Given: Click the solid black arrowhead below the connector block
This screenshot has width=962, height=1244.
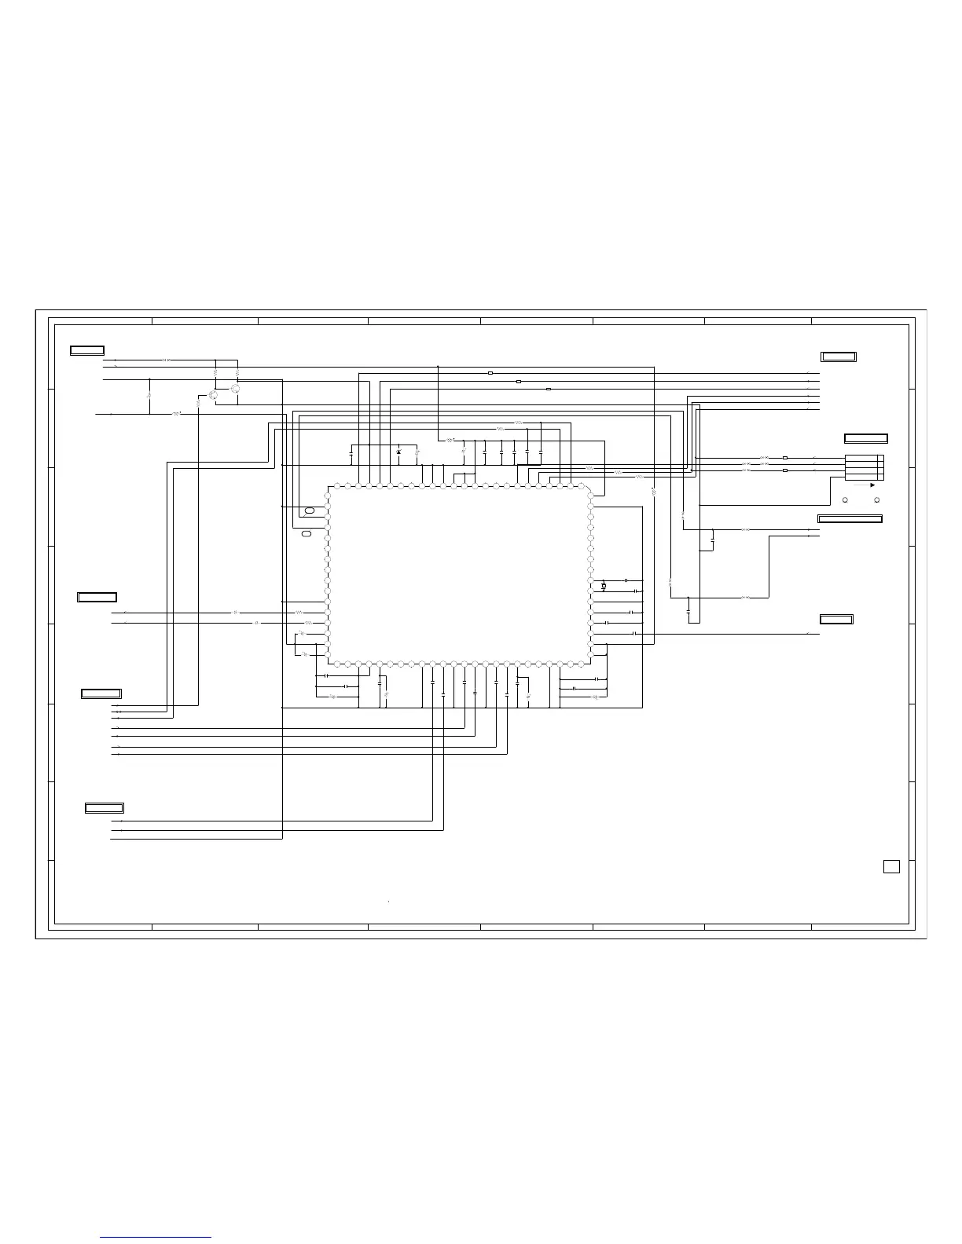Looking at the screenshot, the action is pyautogui.click(x=872, y=485).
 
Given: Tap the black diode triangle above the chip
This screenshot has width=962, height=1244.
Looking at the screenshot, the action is pyautogui.click(x=398, y=452).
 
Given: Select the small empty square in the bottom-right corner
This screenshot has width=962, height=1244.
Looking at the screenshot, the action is pyautogui.click(x=890, y=866).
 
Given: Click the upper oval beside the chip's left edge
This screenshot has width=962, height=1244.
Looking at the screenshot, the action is pyautogui.click(x=310, y=511).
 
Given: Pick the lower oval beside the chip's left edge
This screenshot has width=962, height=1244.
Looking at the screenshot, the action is pyautogui.click(x=307, y=534).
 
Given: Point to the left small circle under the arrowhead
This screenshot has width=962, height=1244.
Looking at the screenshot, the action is pyautogui.click(x=845, y=499).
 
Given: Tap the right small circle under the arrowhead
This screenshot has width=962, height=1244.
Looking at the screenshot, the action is pyautogui.click(x=876, y=499).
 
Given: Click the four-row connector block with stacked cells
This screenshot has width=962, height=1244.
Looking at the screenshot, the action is pyautogui.click(x=865, y=467).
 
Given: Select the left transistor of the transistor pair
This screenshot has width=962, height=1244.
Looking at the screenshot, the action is pyautogui.click(x=213, y=394).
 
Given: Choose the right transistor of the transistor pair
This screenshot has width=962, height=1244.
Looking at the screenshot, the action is pyautogui.click(x=235, y=389).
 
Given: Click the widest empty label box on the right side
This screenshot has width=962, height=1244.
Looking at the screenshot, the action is pyautogui.click(x=850, y=518).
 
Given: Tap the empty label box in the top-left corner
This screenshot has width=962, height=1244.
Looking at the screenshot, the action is pyautogui.click(x=86, y=350).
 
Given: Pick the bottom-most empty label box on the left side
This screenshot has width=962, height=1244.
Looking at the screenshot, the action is pyautogui.click(x=104, y=808).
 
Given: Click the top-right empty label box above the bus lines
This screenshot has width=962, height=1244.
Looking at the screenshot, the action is pyautogui.click(x=838, y=357).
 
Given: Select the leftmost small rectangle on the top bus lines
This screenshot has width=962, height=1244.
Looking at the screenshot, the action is pyautogui.click(x=490, y=373).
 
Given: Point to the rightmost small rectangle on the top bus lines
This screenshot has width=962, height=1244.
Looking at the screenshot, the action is pyautogui.click(x=548, y=389).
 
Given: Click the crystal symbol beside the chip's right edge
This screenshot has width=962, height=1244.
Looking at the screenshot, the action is pyautogui.click(x=604, y=586).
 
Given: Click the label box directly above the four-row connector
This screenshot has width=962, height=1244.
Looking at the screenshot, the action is pyautogui.click(x=865, y=438).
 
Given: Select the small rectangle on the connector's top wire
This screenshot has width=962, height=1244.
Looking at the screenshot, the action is pyautogui.click(x=785, y=457).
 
